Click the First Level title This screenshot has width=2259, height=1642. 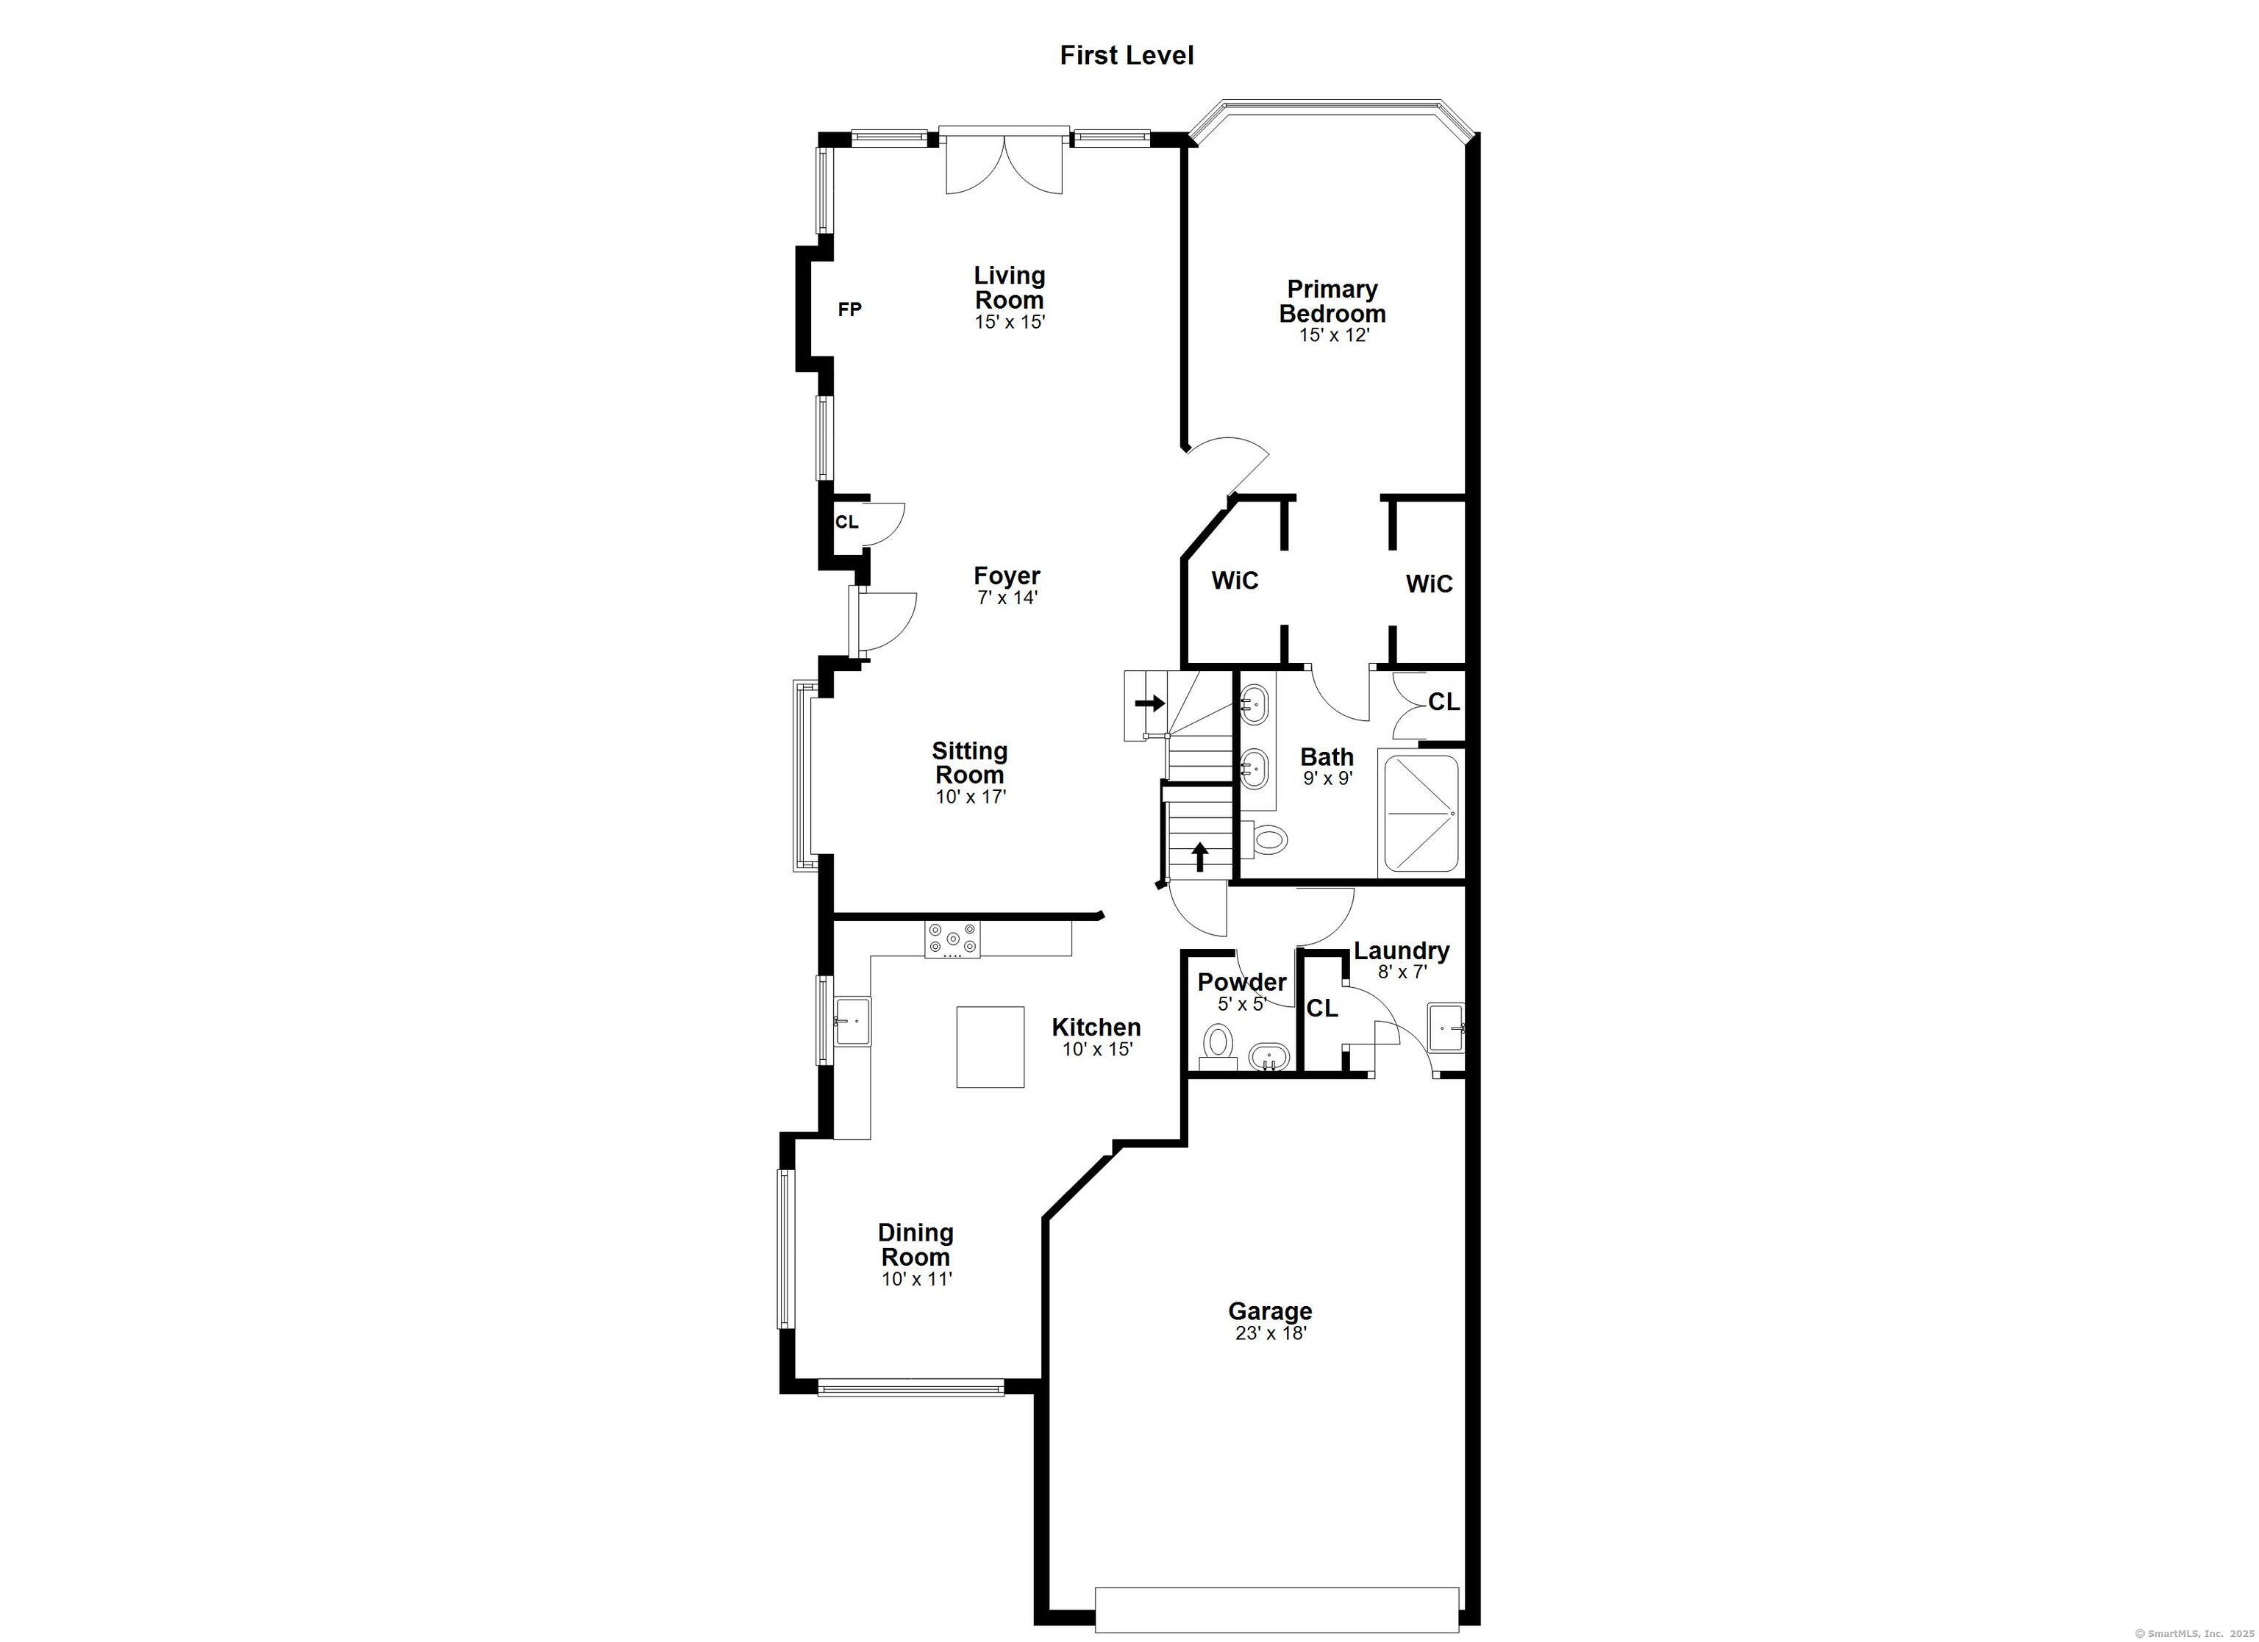pos(1127,56)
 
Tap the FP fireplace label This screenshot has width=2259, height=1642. pos(849,309)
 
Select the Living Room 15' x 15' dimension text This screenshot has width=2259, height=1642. pos(1010,323)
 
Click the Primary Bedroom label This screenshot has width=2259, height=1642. pos(1332,301)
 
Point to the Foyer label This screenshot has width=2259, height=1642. pos(1007,576)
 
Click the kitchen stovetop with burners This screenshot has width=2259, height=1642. pos(952,940)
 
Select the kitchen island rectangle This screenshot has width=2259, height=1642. pos(991,1047)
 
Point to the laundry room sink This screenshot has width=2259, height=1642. pos(1446,1028)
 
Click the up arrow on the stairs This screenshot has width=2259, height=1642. pos(1200,856)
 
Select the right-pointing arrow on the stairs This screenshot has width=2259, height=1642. pos(1150,703)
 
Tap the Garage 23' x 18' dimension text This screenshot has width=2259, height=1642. pos(1271,1333)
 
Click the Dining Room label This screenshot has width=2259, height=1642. pos(916,1244)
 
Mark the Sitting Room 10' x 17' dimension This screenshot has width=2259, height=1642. pos(971,797)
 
